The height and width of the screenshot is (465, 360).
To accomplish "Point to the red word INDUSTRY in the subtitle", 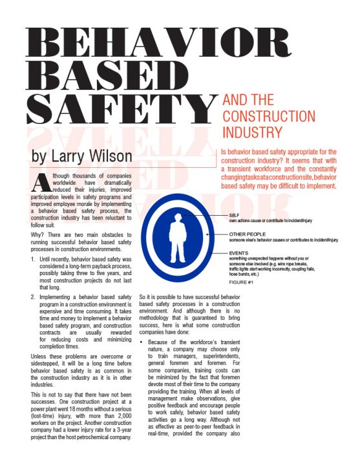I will coord(252,133).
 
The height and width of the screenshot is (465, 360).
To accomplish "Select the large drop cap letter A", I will coord(39,182).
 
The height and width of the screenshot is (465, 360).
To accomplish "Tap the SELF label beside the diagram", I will coord(234,214).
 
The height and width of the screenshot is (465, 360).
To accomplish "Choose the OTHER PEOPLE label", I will coord(248,234).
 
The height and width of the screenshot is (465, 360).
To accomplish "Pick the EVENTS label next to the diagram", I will coord(238,253).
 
